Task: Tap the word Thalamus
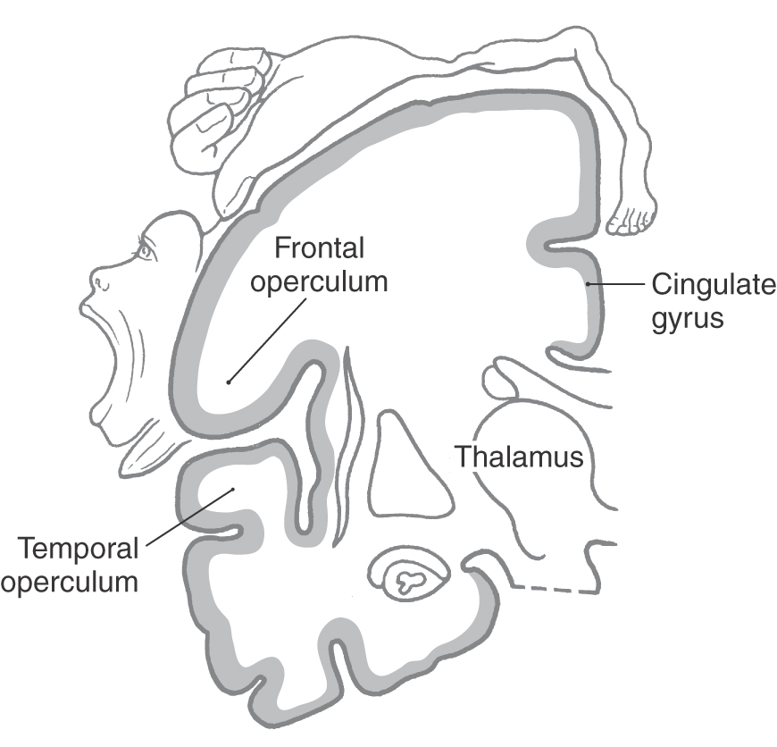tap(519, 457)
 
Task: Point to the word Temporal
tap(69, 547)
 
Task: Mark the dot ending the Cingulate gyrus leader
tap(589, 285)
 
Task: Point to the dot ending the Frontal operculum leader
tap(229, 382)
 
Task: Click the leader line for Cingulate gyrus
tap(616, 286)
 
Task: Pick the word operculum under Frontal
tap(319, 281)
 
